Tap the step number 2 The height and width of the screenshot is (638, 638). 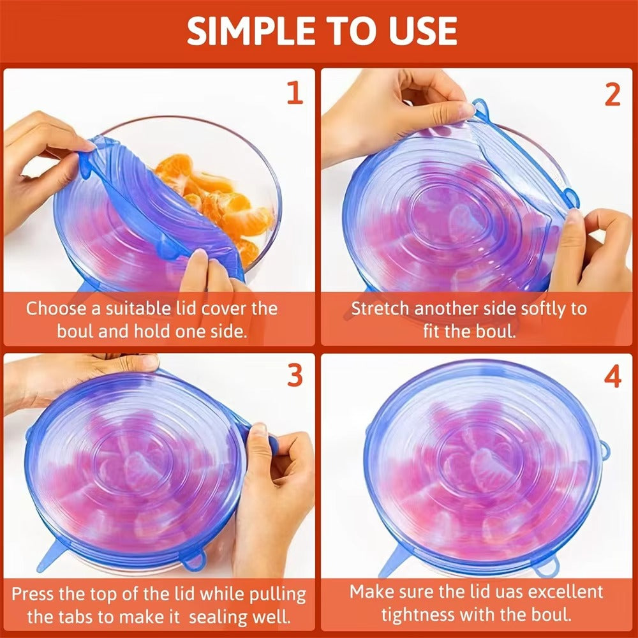(612, 94)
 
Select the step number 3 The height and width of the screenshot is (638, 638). (293, 376)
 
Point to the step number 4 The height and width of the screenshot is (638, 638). (612, 377)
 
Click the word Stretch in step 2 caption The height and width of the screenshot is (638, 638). (380, 309)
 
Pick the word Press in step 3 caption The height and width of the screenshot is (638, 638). (33, 594)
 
